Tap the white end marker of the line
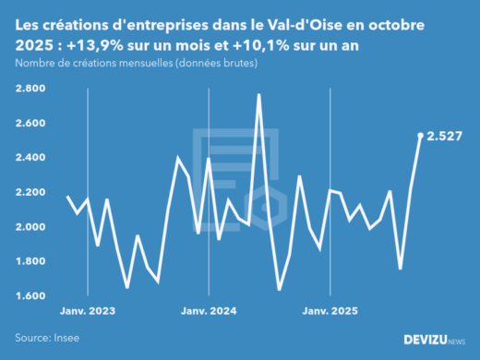(421, 136)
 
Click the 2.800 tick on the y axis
(32, 89)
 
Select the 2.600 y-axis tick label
(32, 123)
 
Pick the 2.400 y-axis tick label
(32, 158)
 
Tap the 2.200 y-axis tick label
(32, 192)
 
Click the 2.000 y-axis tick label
(32, 227)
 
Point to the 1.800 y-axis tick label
(32, 261)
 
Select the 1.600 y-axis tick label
(32, 296)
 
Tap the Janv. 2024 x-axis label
(208, 311)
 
